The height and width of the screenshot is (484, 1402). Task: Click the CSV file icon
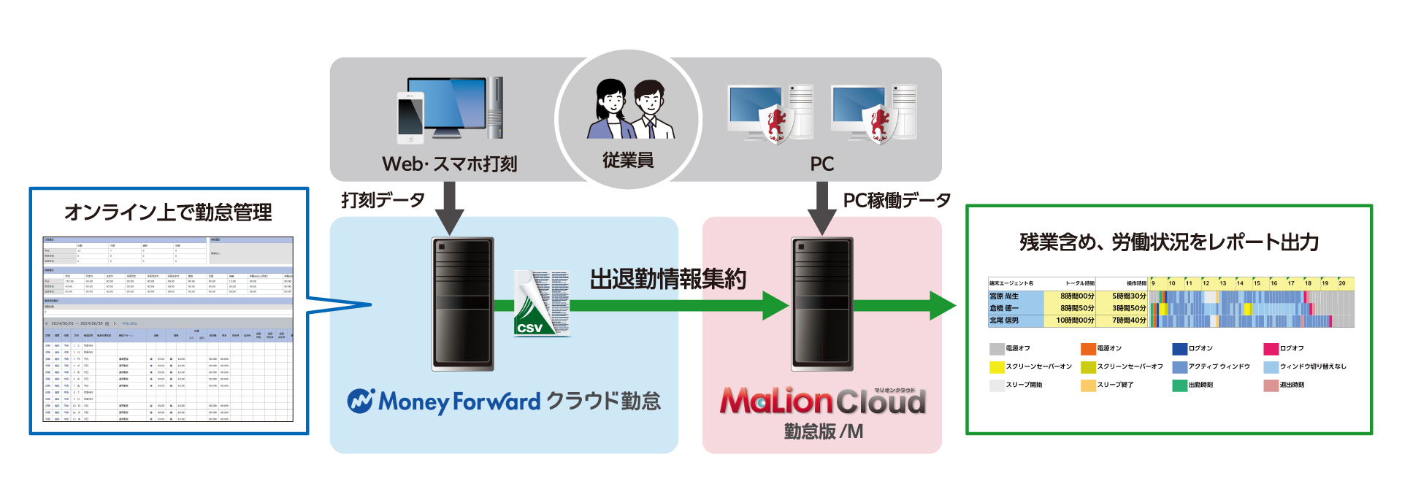[x=541, y=304]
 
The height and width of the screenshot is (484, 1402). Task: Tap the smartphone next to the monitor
[x=410, y=118]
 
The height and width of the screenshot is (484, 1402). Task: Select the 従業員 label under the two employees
[x=627, y=161]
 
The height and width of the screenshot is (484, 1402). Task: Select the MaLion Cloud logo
[x=822, y=401]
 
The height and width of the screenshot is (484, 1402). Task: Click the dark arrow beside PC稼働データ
[x=822, y=207]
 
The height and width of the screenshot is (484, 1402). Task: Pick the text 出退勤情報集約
[x=667, y=279]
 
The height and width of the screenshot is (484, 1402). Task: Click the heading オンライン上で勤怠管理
[x=168, y=212]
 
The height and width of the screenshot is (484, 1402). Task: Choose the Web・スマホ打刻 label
[x=449, y=164]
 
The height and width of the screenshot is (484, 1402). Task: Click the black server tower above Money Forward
[x=462, y=304]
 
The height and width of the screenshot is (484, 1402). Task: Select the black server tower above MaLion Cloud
[x=822, y=304]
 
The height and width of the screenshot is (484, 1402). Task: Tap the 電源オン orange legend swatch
[x=1088, y=349]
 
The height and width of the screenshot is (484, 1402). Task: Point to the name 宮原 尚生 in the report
[x=1004, y=296]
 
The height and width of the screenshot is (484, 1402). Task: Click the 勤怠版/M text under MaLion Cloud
[x=823, y=431]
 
